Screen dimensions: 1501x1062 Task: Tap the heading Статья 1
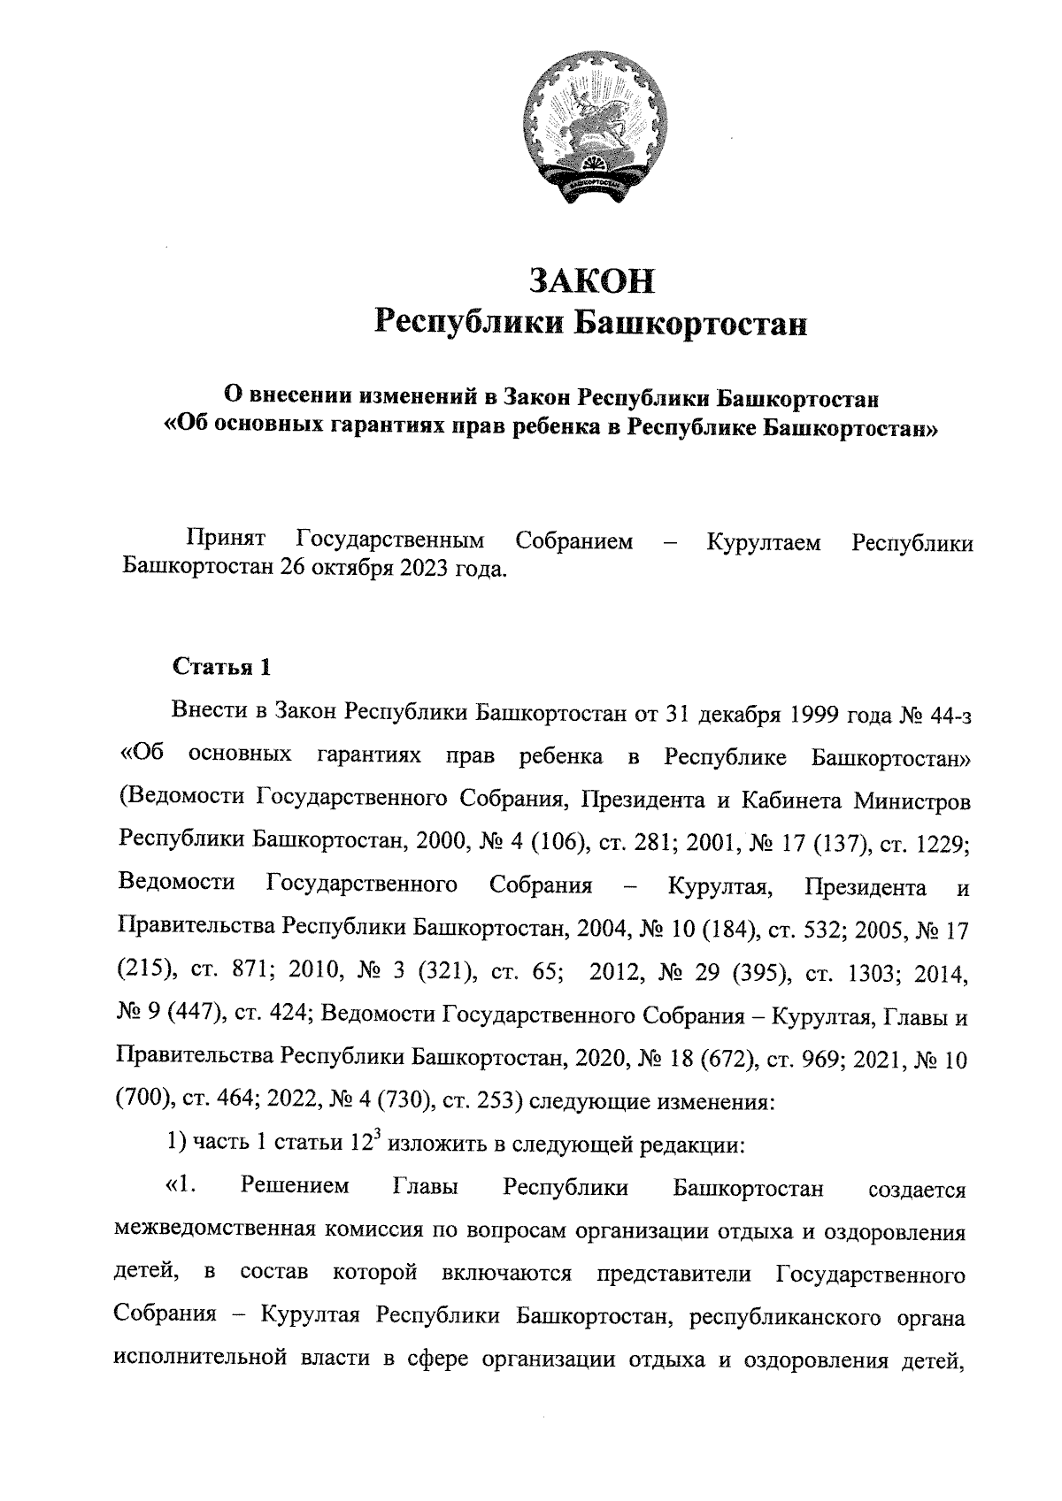(x=220, y=666)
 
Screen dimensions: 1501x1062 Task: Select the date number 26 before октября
(x=295, y=568)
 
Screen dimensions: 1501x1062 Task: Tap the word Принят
(x=227, y=540)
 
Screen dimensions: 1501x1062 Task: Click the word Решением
(x=295, y=1187)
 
